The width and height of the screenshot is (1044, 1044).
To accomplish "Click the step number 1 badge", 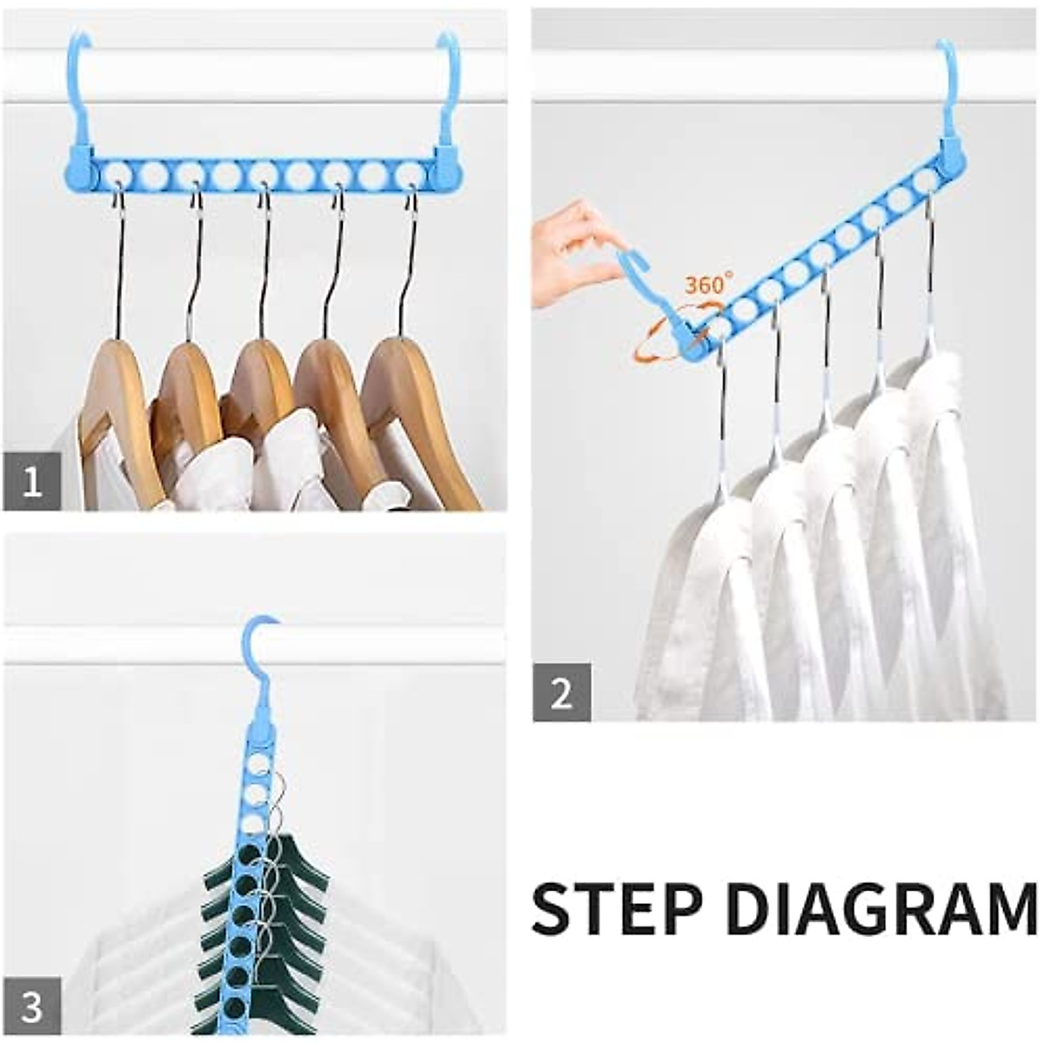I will coord(32,481).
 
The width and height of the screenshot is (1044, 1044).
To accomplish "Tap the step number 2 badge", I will coord(562,693).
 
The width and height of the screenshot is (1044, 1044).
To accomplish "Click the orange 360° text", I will coord(708,284).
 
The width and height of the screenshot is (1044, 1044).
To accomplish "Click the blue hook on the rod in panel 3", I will coord(260,661).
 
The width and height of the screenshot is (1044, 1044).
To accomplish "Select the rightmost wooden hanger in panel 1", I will coord(409,391).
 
